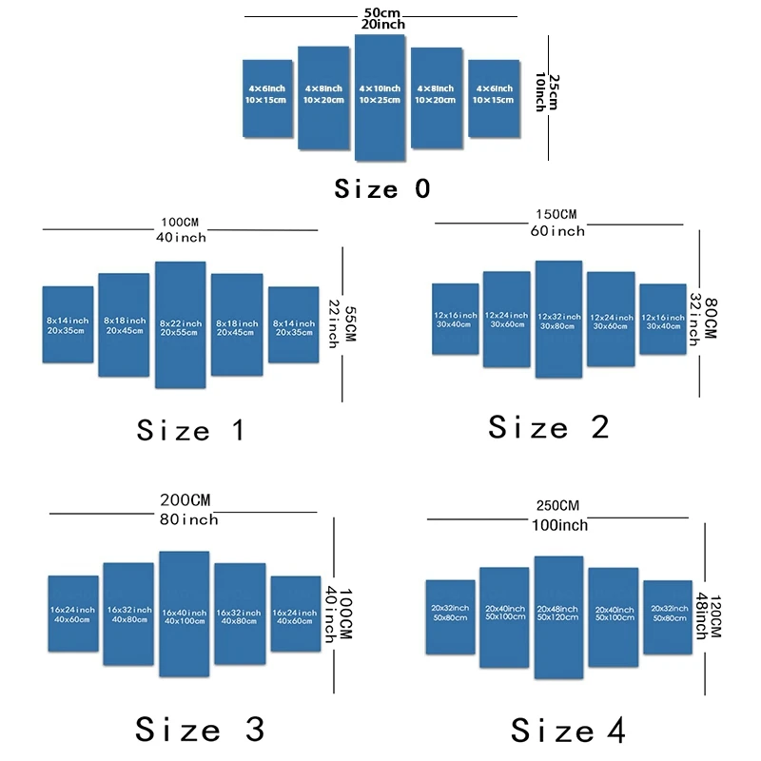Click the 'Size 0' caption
click(382, 188)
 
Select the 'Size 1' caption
click(191, 430)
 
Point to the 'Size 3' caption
click(200, 730)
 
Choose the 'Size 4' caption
click(568, 730)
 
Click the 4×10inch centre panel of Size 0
click(380, 96)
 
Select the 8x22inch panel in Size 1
click(181, 324)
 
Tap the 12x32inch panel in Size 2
click(558, 319)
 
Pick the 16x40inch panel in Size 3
click(184, 614)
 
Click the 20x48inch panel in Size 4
click(558, 616)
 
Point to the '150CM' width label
click(556, 214)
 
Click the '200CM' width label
click(185, 500)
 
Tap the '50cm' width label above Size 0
click(380, 13)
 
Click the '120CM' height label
click(715, 609)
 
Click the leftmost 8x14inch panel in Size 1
click(68, 324)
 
